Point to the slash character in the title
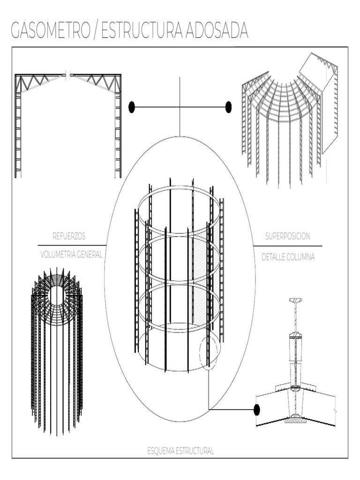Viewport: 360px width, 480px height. (x=94, y=31)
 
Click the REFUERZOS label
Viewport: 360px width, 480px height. (x=69, y=236)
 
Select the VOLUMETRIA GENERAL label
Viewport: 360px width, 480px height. (x=71, y=255)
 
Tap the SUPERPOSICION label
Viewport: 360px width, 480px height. (x=287, y=236)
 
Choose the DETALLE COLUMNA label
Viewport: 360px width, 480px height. (x=288, y=257)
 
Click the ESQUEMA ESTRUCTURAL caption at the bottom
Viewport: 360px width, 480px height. (x=180, y=451)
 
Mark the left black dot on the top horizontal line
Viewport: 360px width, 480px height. (x=132, y=107)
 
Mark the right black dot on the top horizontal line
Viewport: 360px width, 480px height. (x=228, y=107)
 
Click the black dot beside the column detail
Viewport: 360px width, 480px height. (x=256, y=410)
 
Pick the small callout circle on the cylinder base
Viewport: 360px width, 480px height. (x=209, y=352)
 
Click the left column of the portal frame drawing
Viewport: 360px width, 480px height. (x=18, y=131)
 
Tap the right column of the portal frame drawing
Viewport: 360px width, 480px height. (x=118, y=131)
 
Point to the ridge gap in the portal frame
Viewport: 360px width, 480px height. (x=68, y=75)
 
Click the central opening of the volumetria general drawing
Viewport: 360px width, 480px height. (x=57, y=295)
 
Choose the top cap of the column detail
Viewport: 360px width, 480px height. (x=295, y=300)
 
